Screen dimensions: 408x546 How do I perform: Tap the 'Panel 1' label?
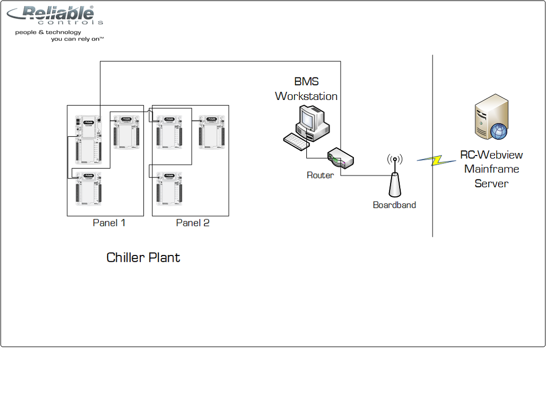click(x=109, y=223)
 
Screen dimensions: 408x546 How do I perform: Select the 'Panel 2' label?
click(x=193, y=223)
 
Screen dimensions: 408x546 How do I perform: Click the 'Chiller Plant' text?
click(x=143, y=258)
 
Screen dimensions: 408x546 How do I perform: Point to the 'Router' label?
click(x=320, y=175)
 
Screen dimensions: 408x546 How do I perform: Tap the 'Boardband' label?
click(x=394, y=205)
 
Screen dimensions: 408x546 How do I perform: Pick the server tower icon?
click(x=490, y=117)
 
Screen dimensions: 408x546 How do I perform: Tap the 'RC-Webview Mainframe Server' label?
click(x=491, y=169)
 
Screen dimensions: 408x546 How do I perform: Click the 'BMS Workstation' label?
click(x=306, y=89)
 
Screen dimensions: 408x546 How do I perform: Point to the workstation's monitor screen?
click(x=308, y=119)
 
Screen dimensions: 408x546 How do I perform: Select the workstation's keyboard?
click(x=296, y=141)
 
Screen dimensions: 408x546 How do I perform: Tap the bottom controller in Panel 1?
click(x=89, y=188)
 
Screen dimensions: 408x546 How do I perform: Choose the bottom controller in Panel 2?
click(x=169, y=188)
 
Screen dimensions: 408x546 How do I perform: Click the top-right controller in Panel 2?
click(x=212, y=132)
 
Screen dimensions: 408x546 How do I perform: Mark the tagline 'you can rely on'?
click(x=77, y=39)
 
